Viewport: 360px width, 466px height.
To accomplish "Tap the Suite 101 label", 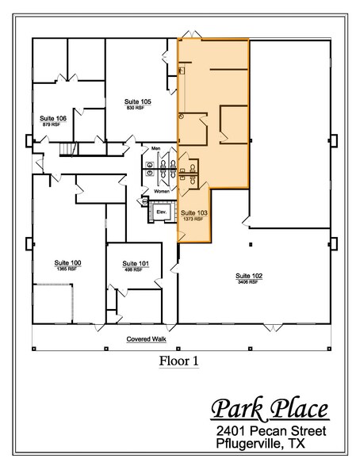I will coord(132,263).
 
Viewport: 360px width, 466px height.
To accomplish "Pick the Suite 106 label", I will coord(53,117).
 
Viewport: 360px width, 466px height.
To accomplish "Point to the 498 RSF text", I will coord(132,270).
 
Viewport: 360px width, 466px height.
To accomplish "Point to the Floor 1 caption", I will coord(178,361).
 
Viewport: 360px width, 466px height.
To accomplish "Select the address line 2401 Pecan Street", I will coord(274,433).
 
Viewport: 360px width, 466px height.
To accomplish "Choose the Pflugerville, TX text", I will coord(266,447).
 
